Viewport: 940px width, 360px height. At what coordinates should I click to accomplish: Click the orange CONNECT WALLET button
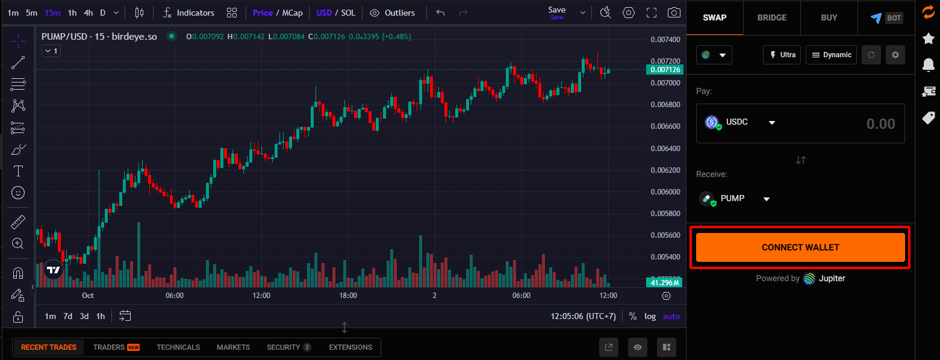[x=800, y=247]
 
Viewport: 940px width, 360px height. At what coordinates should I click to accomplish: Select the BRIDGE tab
[x=772, y=17]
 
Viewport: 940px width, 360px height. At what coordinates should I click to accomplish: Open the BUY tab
[x=829, y=17]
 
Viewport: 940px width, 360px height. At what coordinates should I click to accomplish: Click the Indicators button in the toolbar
[x=188, y=13]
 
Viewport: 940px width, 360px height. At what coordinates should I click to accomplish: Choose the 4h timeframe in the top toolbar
[x=88, y=13]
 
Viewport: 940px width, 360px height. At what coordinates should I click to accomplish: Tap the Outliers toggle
[x=393, y=13]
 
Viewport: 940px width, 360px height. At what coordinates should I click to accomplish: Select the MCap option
[x=293, y=13]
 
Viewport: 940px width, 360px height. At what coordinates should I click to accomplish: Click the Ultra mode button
[x=782, y=55]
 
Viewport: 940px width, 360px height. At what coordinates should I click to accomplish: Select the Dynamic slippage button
[x=831, y=55]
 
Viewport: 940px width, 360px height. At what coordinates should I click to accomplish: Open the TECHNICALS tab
[x=178, y=347]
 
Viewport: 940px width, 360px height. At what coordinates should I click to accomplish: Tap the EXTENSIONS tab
[x=350, y=347]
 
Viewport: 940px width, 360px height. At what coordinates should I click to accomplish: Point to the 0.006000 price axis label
[x=665, y=191]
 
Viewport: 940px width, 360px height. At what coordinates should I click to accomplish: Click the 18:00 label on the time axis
[x=348, y=296]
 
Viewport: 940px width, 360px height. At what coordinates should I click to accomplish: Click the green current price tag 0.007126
[x=665, y=70]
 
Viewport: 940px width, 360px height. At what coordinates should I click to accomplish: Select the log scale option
[x=650, y=316]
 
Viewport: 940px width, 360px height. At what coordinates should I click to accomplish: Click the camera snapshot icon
[x=674, y=13]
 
